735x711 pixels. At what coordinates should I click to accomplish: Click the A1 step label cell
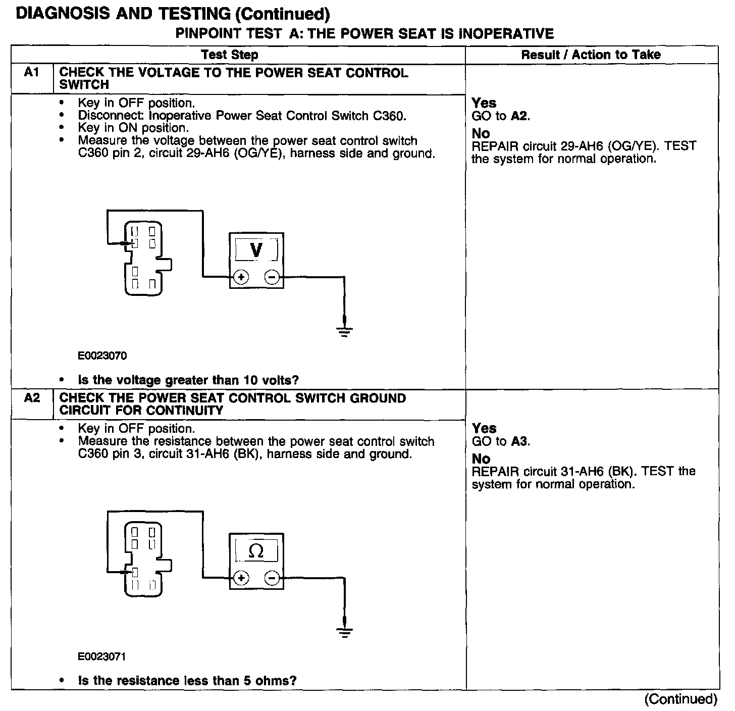pos(31,73)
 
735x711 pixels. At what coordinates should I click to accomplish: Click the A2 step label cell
pos(31,398)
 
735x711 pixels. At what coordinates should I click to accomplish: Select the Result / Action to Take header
pos(591,55)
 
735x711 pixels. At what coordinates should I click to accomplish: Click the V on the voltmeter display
pos(256,249)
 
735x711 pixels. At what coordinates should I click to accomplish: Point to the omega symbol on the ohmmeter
pos(256,551)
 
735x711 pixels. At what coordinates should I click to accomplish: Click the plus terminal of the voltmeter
pos(241,277)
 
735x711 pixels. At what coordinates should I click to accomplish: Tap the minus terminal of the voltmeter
pos(272,277)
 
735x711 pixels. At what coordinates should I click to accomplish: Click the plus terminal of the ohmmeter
pos(241,578)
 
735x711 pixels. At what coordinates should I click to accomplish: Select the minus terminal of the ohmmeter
pos(272,578)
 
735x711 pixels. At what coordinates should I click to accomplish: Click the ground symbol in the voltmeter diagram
pos(345,331)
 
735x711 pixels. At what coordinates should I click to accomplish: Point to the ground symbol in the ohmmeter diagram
pos(345,631)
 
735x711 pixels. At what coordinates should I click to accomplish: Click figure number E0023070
pos(102,355)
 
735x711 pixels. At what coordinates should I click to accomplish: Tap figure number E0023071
pos(102,656)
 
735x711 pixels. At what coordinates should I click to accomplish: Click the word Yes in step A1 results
pos(484,103)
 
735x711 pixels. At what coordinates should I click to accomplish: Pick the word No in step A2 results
pos(481,459)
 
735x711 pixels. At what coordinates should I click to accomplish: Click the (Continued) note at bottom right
pos(680,699)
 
